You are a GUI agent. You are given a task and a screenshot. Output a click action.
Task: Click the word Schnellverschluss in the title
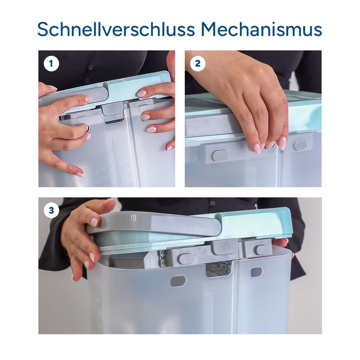pos(116,29)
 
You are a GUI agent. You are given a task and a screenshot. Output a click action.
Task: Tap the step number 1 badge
pos(51,63)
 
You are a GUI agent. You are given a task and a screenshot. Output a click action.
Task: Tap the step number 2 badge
pos(198,63)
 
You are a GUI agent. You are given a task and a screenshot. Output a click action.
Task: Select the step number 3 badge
pos(51,210)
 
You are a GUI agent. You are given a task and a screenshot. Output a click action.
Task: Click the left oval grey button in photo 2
pos(220,155)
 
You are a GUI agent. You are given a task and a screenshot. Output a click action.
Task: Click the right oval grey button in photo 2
pos(301,145)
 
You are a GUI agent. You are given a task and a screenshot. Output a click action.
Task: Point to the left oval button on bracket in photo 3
pos(186,258)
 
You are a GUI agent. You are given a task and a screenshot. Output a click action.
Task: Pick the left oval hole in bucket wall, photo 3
pos(178,281)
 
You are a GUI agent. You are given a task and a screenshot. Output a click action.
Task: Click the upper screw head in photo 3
pos(163,253)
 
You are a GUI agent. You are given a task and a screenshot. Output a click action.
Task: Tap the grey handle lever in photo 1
pos(76,94)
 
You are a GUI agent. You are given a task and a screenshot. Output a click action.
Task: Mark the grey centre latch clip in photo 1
pos(112,109)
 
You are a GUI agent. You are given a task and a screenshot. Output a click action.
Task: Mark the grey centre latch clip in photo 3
pos(225,247)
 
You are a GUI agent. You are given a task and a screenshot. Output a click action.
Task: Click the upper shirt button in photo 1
pos(90,67)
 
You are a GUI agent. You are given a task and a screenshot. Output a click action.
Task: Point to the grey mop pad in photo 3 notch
pos(218,269)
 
